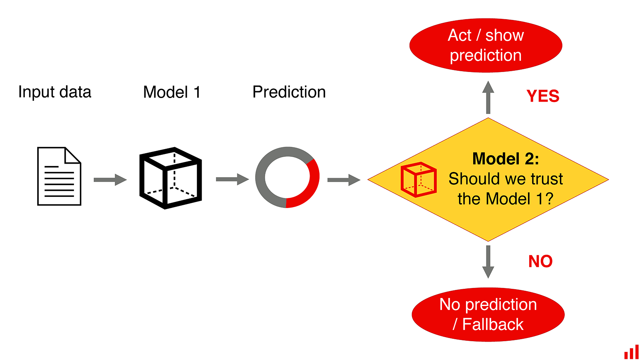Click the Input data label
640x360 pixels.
[x=55, y=92]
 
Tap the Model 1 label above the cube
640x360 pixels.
[x=172, y=92]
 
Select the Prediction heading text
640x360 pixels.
[x=289, y=92]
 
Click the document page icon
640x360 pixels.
[x=59, y=176]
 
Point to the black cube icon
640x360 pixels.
[x=170, y=178]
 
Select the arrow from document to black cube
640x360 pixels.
[x=110, y=180]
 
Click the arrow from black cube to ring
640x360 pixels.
[x=232, y=179]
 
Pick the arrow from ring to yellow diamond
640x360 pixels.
[x=344, y=180]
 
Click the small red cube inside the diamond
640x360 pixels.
[x=418, y=180]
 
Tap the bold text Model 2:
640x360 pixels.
[x=506, y=159]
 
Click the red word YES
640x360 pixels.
[x=543, y=96]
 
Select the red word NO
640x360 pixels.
[x=540, y=262]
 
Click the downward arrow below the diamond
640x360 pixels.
[x=488, y=262]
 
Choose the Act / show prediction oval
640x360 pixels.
[x=486, y=45]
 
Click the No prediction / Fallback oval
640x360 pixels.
[x=488, y=314]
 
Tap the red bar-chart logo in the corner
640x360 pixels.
[x=632, y=352]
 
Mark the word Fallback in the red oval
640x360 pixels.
[x=493, y=324]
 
